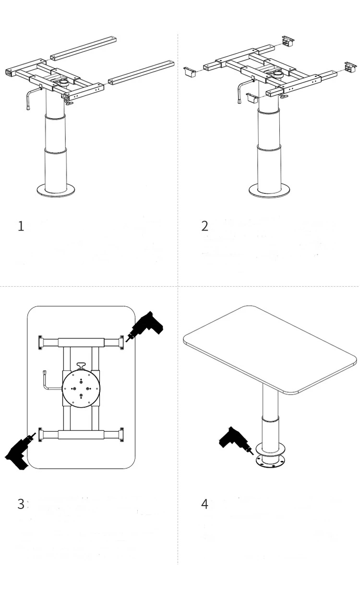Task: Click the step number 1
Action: coord(21,226)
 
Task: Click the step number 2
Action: coord(205,226)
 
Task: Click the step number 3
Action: coord(21,504)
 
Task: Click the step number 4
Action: coord(205,504)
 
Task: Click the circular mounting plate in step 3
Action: coord(81,388)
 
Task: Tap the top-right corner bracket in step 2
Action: coord(288,41)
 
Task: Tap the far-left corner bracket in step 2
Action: coord(191,73)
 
